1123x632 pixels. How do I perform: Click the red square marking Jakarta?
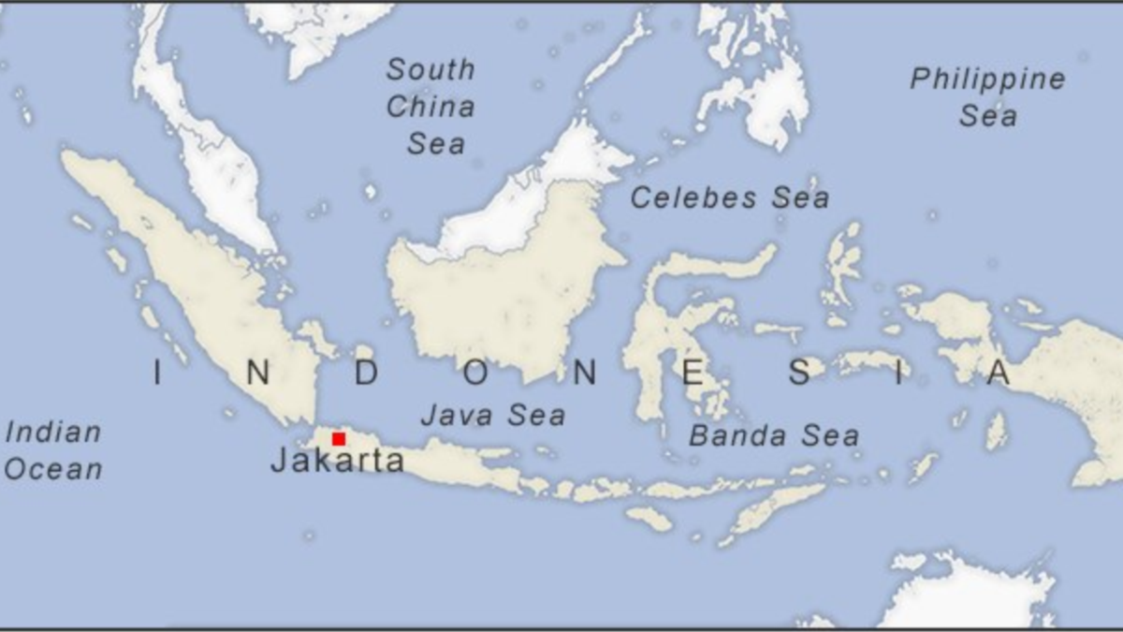click(339, 438)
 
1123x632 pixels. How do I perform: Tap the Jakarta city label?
click(337, 461)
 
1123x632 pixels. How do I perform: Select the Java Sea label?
click(492, 415)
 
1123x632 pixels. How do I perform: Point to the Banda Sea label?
click(774, 435)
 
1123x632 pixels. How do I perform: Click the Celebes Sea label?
click(729, 198)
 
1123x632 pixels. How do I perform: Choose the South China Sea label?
click(430, 106)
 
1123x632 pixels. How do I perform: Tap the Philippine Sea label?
click(987, 97)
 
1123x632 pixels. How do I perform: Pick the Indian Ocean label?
click(53, 450)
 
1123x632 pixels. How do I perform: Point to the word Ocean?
click(53, 469)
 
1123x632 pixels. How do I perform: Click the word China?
click(430, 107)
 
